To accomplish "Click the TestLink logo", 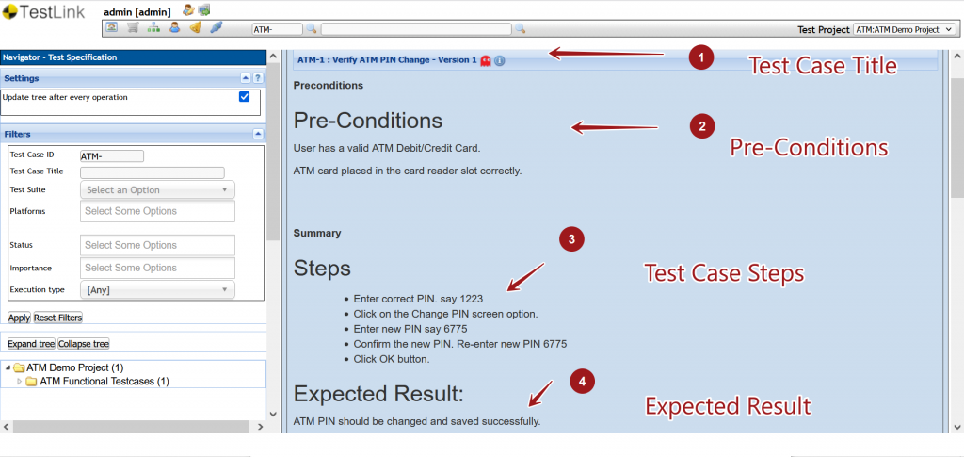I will [x=45, y=13].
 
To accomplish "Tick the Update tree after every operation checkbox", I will [x=244, y=97].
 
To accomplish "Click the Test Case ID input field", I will [x=112, y=156].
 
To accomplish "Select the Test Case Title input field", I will [x=153, y=172].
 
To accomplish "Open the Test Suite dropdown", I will [x=157, y=190].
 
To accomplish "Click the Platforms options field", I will [x=157, y=211].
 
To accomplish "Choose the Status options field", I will [x=157, y=245].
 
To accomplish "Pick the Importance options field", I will [x=157, y=268].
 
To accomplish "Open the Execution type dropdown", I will [x=157, y=290].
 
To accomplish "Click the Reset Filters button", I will [x=57, y=318].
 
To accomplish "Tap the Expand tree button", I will [x=29, y=344].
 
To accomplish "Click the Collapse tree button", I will [x=84, y=344].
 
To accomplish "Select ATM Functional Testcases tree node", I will [x=104, y=382].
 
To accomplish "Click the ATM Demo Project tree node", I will [x=74, y=367].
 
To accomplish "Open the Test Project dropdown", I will [x=905, y=30].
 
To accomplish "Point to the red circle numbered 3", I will [x=571, y=239].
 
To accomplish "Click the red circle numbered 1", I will [x=699, y=58].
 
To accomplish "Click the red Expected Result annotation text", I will [x=727, y=406].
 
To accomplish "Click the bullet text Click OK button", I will [x=392, y=359].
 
